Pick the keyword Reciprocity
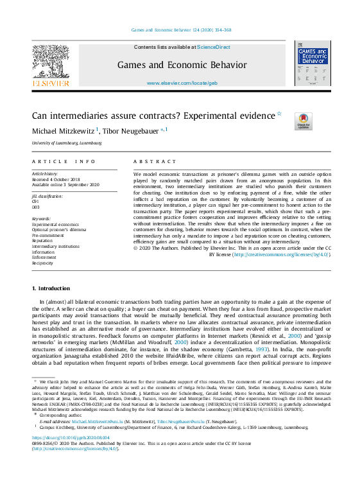(42, 263)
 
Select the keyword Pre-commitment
(47, 235)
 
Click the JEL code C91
(35, 202)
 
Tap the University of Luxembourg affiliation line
(67, 143)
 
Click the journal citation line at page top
(182, 30)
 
